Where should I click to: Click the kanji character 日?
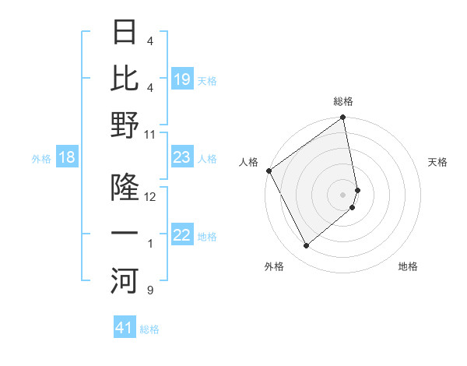tap(125, 34)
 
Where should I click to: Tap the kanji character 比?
tap(125, 79)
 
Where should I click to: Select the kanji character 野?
tap(125, 125)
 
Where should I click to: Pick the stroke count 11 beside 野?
tap(150, 135)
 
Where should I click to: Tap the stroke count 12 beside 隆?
tap(150, 197)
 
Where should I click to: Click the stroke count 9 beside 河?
tap(150, 290)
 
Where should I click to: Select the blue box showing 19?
tap(181, 79)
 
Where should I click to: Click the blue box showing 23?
tap(181, 158)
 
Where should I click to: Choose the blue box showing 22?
tap(181, 236)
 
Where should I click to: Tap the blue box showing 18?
tap(67, 158)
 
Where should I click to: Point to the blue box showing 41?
tap(125, 329)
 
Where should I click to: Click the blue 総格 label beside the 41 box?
tap(149, 329)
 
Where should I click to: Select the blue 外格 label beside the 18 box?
tap(41, 159)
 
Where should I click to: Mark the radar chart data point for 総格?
tap(343, 118)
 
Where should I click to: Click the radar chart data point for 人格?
tap(268, 171)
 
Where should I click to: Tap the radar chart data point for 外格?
tap(306, 246)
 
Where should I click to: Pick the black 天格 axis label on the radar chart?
tap(438, 162)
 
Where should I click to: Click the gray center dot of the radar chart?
tap(343, 194)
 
